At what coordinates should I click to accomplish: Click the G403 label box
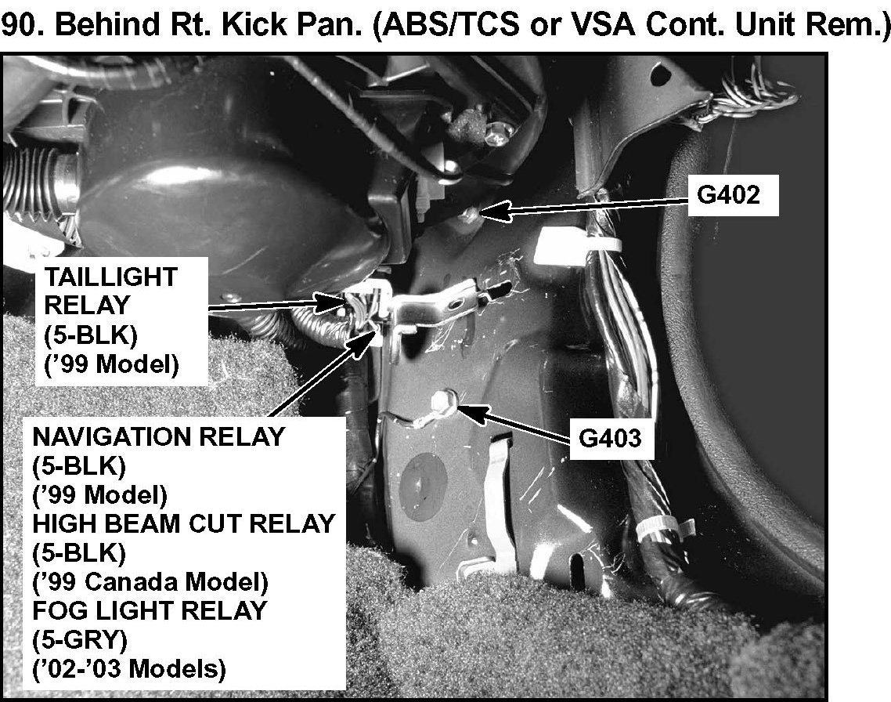coord(610,440)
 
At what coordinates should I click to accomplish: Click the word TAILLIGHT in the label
coord(111,277)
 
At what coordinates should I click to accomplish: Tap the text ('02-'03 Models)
coord(129,668)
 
